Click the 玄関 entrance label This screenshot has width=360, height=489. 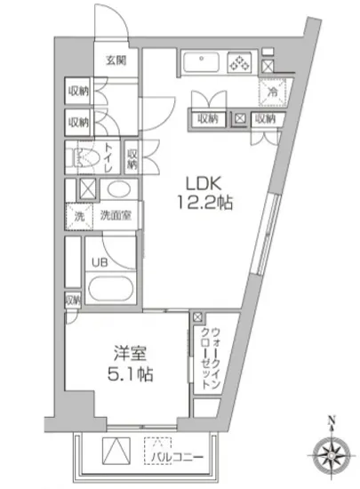point(116,60)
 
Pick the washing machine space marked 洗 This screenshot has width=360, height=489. point(77,214)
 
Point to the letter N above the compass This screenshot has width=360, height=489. point(330,421)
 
